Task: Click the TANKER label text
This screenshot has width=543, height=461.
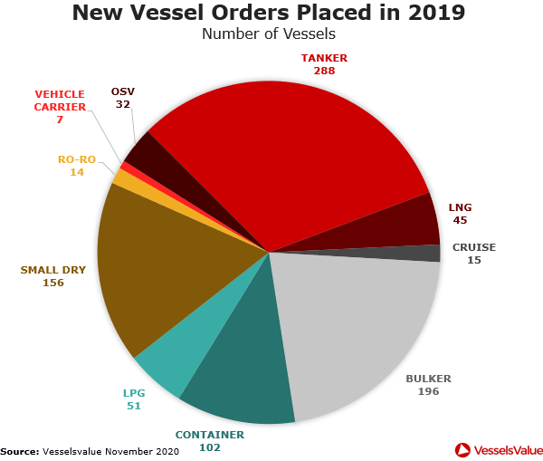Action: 324,58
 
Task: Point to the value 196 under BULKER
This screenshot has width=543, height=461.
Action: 428,391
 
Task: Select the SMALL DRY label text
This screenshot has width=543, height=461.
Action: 52,269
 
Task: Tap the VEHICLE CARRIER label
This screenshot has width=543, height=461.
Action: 60,100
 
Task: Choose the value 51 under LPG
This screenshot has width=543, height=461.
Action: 133,406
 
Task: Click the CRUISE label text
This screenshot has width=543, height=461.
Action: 474,247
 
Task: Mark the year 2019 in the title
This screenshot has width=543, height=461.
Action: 424,13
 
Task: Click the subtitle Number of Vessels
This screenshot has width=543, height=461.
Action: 268,34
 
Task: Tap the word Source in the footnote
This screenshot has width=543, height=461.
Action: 19,450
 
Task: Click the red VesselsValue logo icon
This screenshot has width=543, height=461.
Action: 462,449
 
